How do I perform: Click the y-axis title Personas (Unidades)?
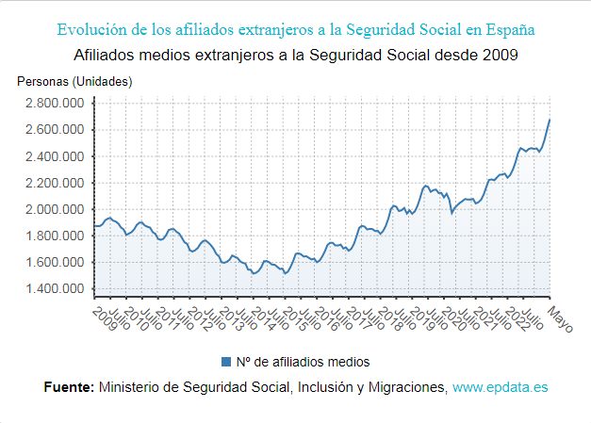click(74, 81)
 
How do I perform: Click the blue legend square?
click(225, 362)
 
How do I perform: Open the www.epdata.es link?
click(500, 387)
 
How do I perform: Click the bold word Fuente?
click(69, 387)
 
